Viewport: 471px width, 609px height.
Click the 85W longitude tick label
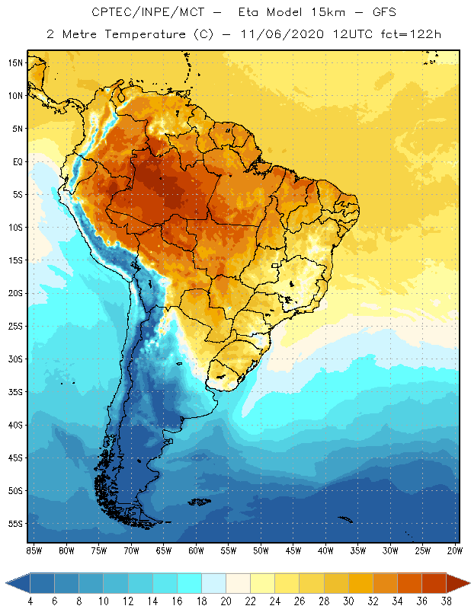pyautogui.click(x=34, y=550)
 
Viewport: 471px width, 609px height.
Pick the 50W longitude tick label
pyautogui.click(x=261, y=550)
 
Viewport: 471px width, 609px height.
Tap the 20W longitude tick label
pyautogui.click(x=455, y=550)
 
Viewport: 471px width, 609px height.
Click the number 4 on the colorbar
pyautogui.click(x=30, y=601)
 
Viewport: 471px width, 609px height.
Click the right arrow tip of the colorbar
pyautogui.click(x=468, y=582)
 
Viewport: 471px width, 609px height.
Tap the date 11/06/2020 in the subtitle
pyautogui.click(x=282, y=34)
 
